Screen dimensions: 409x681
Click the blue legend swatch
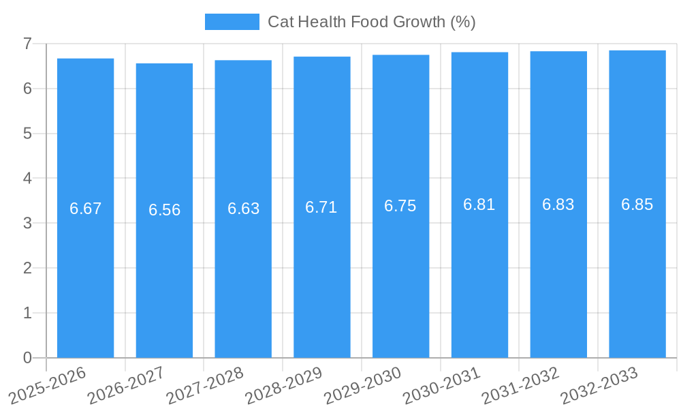click(x=232, y=22)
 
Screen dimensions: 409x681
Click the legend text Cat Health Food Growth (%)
click(x=371, y=22)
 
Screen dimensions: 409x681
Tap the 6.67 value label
click(x=85, y=209)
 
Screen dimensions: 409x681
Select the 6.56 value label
click(x=164, y=210)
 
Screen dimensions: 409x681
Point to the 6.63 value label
click(x=243, y=209)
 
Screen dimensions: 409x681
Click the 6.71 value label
click(x=321, y=207)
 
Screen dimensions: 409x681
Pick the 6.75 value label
click(x=400, y=206)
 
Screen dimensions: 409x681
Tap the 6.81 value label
click(x=479, y=204)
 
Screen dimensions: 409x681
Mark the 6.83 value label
click(x=558, y=204)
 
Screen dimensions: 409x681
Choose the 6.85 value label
click(x=637, y=204)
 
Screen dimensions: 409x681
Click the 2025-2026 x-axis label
click(x=48, y=385)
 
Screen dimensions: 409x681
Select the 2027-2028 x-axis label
click(x=205, y=385)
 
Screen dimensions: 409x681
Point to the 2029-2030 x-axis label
click(x=363, y=385)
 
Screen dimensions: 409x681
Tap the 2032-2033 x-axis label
click(x=599, y=385)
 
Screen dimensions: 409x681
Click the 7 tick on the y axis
click(x=27, y=44)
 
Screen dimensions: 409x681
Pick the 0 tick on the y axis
click(x=27, y=358)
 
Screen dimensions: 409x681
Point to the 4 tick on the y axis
click(x=27, y=179)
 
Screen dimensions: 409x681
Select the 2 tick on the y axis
click(x=27, y=268)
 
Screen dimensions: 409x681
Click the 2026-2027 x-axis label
click(x=127, y=385)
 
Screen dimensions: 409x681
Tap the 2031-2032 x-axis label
click(x=521, y=385)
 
